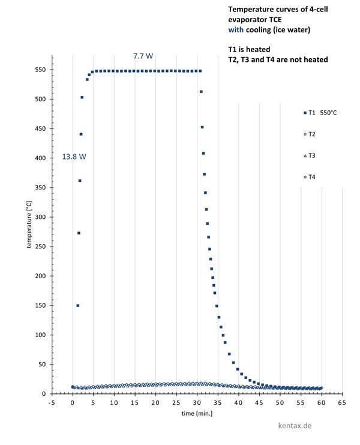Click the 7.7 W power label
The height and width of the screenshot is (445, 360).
tap(143, 56)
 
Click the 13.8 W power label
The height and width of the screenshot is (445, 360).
tap(74, 157)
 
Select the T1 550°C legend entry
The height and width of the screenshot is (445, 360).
tap(321, 113)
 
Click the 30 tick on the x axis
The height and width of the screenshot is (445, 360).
tap(197, 403)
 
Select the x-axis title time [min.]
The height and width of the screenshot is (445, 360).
tap(197, 413)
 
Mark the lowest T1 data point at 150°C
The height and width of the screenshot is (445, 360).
tap(78, 305)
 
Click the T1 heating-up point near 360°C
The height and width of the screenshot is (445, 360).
tap(80, 181)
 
